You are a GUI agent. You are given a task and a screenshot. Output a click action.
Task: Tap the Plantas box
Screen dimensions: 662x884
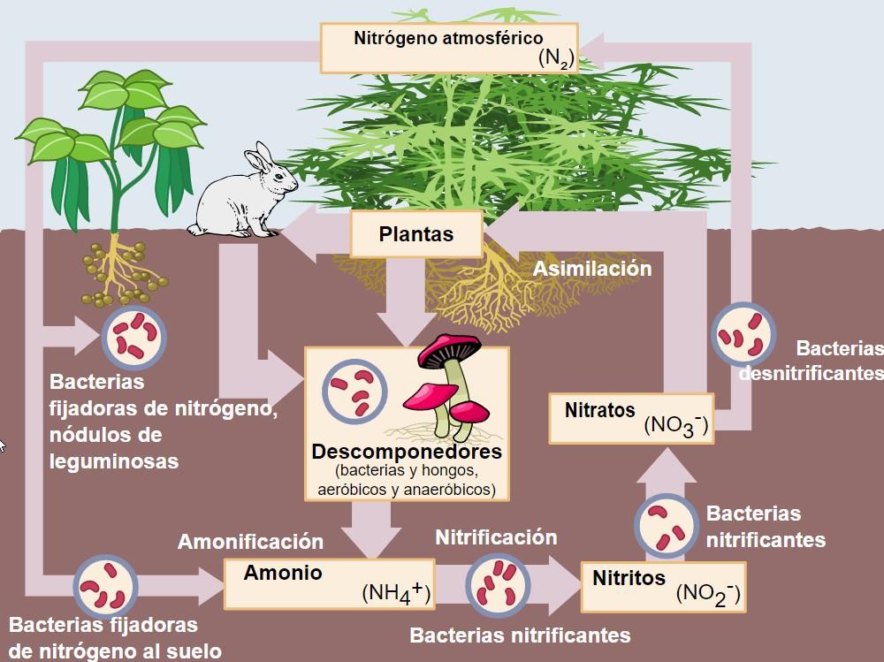coord(416,234)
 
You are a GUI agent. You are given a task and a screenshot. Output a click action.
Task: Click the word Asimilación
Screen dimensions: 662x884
coord(592,269)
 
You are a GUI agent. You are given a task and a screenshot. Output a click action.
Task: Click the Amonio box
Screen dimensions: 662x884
coord(329,583)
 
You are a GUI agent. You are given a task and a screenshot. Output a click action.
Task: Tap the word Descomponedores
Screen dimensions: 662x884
coord(407,452)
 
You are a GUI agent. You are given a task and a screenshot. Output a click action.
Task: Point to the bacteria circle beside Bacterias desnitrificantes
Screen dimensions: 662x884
coord(742,337)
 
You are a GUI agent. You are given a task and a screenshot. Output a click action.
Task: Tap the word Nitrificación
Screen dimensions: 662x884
coord(496,537)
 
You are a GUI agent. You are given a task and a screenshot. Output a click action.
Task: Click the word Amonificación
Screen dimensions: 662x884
coord(251,541)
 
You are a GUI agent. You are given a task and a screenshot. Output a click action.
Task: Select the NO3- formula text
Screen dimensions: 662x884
coord(675,424)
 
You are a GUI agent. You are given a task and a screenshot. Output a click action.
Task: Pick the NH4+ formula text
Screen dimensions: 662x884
coord(395,593)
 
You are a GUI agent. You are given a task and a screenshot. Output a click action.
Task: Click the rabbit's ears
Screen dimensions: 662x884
coord(257,157)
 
